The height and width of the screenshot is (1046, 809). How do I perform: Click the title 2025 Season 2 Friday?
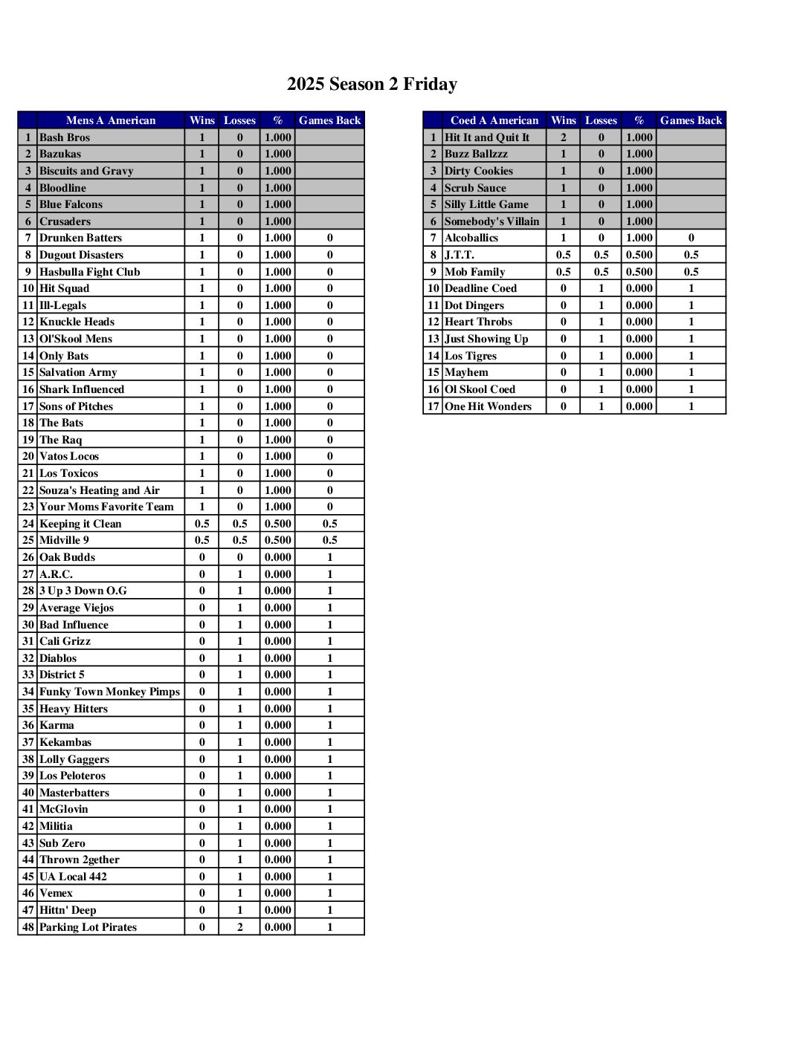tap(372, 84)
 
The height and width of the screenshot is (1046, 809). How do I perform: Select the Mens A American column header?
tap(111, 120)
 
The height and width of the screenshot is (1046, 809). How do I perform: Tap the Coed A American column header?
tap(494, 120)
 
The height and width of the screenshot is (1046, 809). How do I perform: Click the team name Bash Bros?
tap(65, 137)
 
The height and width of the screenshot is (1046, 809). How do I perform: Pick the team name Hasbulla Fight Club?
tap(89, 272)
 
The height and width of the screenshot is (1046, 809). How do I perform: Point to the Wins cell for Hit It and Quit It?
tap(563, 137)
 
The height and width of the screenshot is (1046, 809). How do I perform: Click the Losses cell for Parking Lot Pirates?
tap(239, 927)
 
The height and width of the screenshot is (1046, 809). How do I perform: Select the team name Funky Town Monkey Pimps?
tap(109, 692)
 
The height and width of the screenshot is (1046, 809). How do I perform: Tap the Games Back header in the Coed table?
tap(691, 120)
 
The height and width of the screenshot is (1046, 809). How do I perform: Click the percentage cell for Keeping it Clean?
tap(277, 524)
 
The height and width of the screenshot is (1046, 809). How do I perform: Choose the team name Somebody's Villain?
tap(491, 221)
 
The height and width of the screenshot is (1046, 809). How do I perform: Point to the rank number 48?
tap(28, 927)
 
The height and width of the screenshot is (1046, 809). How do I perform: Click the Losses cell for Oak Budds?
tap(239, 557)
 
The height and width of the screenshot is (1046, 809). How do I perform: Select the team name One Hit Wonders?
tap(488, 406)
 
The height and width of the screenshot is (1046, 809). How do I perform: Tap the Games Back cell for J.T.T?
tap(691, 255)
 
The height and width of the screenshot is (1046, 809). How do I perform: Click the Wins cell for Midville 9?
tap(202, 540)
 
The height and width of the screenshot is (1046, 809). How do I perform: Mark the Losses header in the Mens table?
tap(239, 120)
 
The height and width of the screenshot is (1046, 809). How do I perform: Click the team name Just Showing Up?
tap(486, 339)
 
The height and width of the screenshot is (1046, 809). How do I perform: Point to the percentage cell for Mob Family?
tap(639, 272)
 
